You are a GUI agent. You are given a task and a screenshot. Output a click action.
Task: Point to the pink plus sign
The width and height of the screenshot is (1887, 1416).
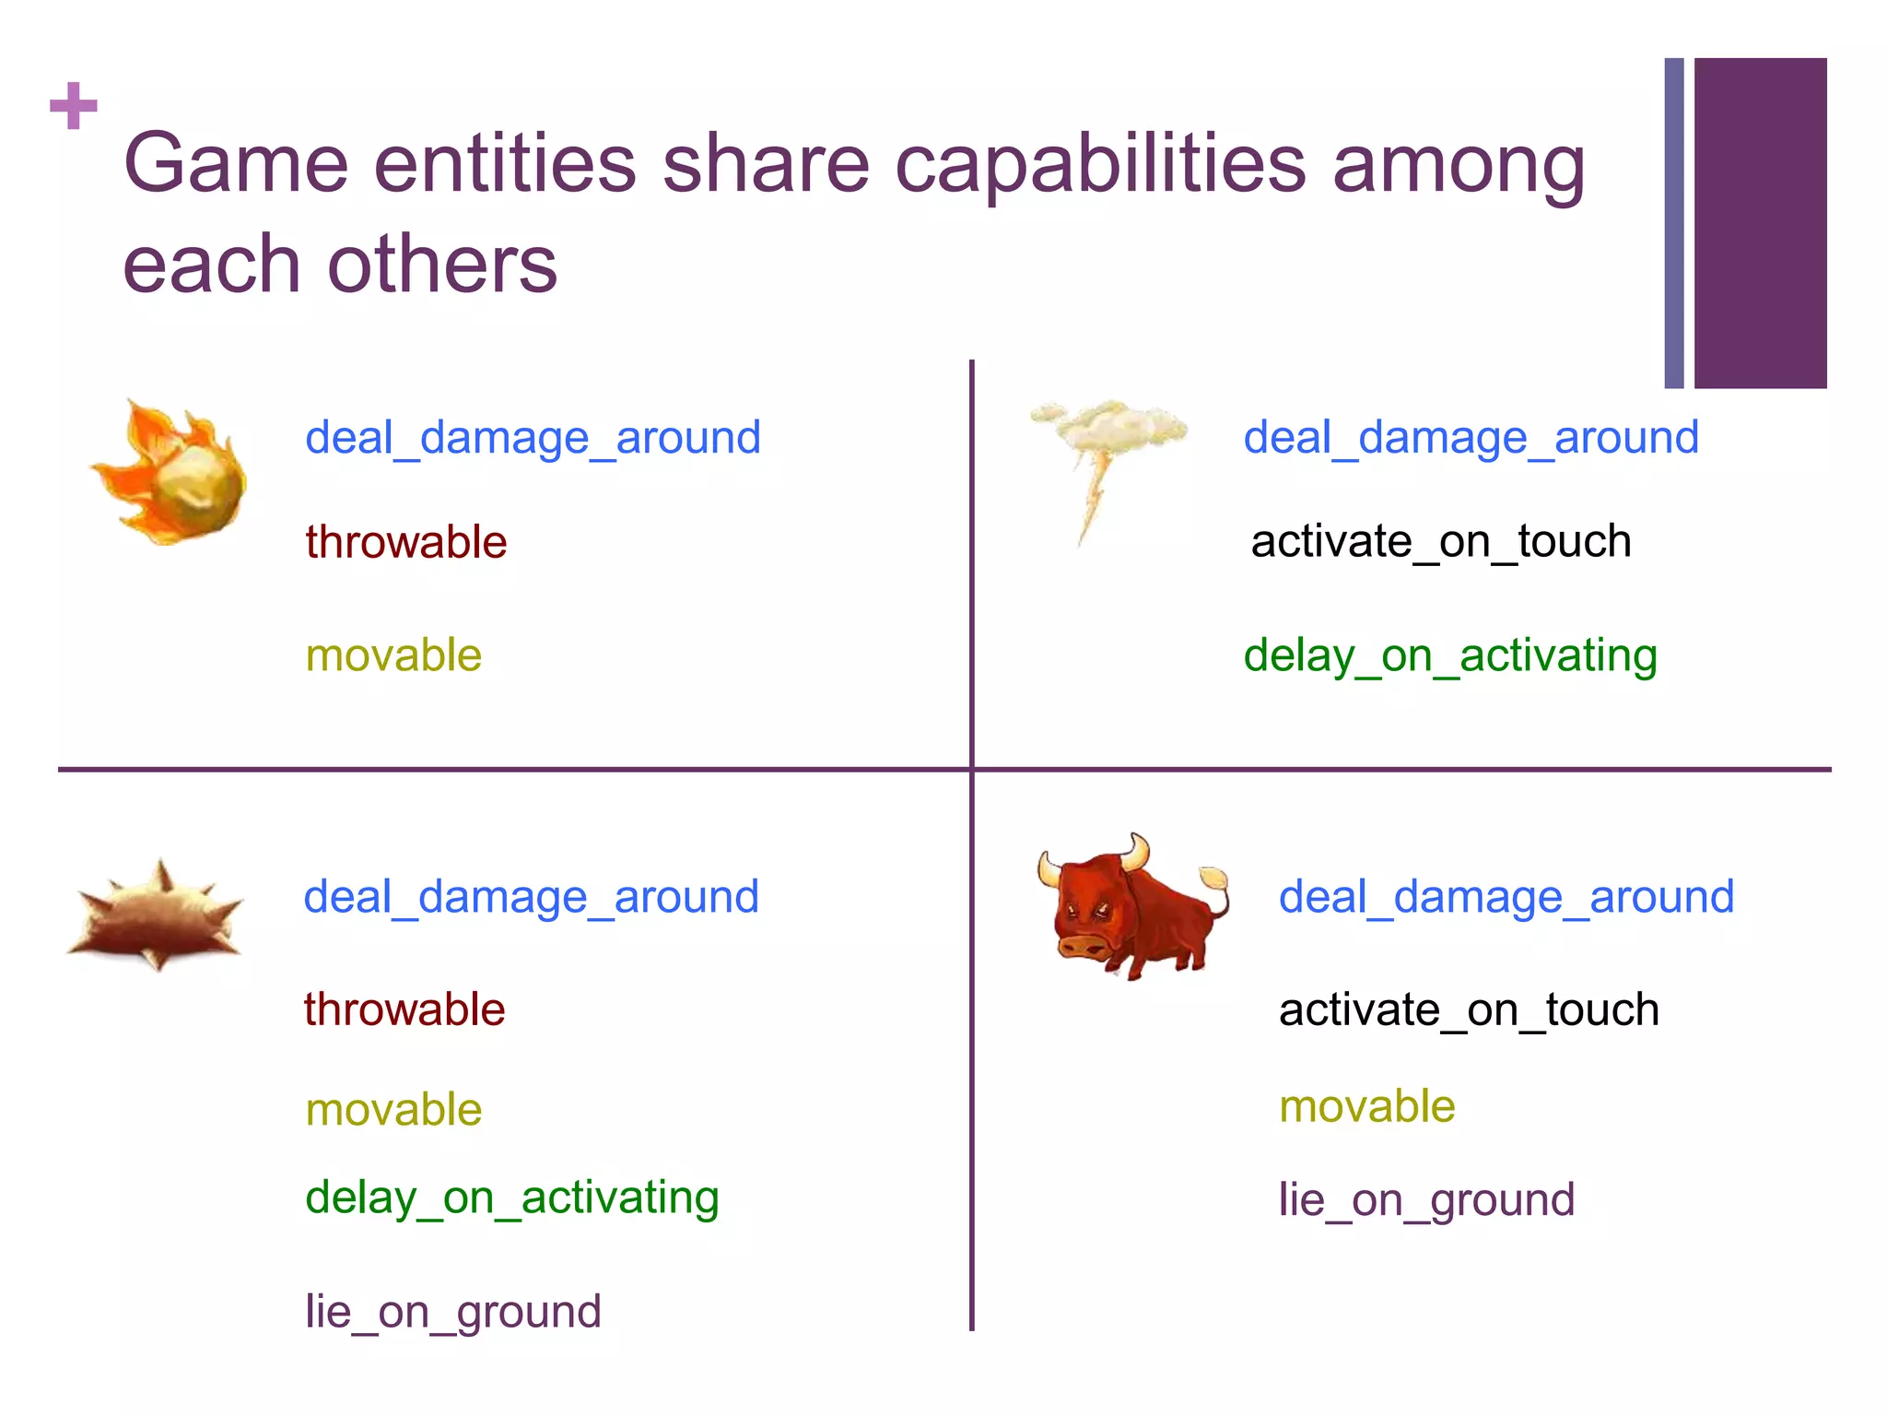pos(74,106)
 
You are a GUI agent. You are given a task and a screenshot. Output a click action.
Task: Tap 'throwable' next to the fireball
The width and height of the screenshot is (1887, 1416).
pos(406,542)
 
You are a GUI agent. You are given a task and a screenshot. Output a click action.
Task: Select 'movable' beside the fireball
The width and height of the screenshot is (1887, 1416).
pos(393,655)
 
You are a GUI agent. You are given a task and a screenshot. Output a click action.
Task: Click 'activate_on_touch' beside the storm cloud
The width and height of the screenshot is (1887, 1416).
pos(1441,541)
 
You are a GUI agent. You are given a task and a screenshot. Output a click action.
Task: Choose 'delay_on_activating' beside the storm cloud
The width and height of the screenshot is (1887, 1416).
pos(1450,656)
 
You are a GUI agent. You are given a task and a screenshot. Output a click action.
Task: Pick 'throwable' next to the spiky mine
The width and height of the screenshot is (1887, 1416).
pos(404,1009)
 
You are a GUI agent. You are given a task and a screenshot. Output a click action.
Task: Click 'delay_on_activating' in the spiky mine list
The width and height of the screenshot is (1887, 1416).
pos(512,1198)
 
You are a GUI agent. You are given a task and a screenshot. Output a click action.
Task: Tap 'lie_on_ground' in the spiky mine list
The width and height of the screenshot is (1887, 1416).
pos(453,1311)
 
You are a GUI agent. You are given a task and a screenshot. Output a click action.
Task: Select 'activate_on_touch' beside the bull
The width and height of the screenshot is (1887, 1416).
pos(1469,1009)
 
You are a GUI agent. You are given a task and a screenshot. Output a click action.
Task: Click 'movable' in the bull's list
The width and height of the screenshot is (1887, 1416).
pos(1367,1106)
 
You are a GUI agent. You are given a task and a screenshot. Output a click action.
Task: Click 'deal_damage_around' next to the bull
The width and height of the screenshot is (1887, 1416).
pos(1506,897)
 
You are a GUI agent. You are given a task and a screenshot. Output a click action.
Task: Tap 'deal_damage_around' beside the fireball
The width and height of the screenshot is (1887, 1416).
pos(533,437)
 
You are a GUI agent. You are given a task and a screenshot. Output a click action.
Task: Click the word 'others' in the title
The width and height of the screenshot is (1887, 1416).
pos(442,265)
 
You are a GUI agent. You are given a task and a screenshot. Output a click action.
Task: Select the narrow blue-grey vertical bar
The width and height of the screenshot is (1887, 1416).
pos(1674,223)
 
